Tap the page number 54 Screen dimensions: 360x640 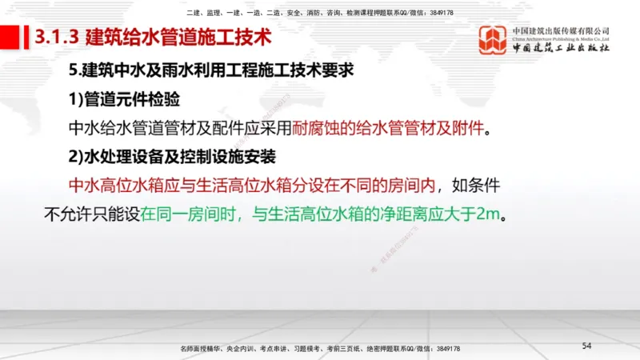(586, 345)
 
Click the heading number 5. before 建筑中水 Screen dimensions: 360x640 (75, 70)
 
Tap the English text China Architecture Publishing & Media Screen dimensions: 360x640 (561, 37)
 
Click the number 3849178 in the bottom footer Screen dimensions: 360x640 (442, 349)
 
